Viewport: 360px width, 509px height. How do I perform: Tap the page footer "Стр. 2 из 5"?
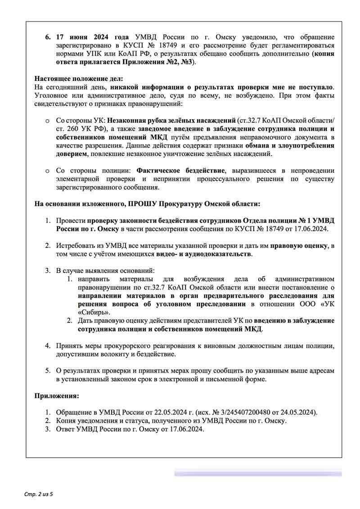coord(38,495)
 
